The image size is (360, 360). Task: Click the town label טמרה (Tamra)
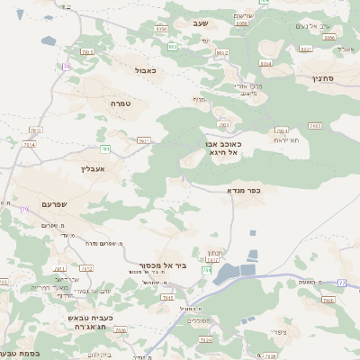[x=121, y=104]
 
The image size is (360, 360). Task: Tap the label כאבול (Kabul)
[x=146, y=70]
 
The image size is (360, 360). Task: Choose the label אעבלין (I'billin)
[x=94, y=168]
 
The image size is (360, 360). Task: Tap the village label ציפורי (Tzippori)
[x=278, y=334]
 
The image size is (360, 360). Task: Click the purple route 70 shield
[x=67, y=67]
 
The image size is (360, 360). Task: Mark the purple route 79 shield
[x=24, y=209]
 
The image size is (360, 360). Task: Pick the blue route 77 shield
[x=342, y=283]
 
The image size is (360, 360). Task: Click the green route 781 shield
[x=105, y=148]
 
